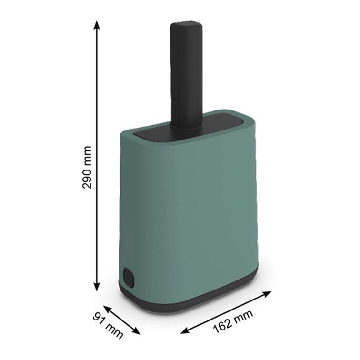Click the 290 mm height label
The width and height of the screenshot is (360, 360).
tap(87, 167)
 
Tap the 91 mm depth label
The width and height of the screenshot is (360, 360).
tap(108, 326)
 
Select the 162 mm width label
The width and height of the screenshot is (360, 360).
tap(233, 321)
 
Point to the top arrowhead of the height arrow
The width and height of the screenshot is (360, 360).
tap(97, 25)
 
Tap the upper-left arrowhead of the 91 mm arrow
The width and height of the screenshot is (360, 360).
tap(107, 308)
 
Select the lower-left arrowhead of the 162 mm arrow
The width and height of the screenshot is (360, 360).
tap(185, 330)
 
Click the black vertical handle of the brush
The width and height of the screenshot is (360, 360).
tap(186, 76)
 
